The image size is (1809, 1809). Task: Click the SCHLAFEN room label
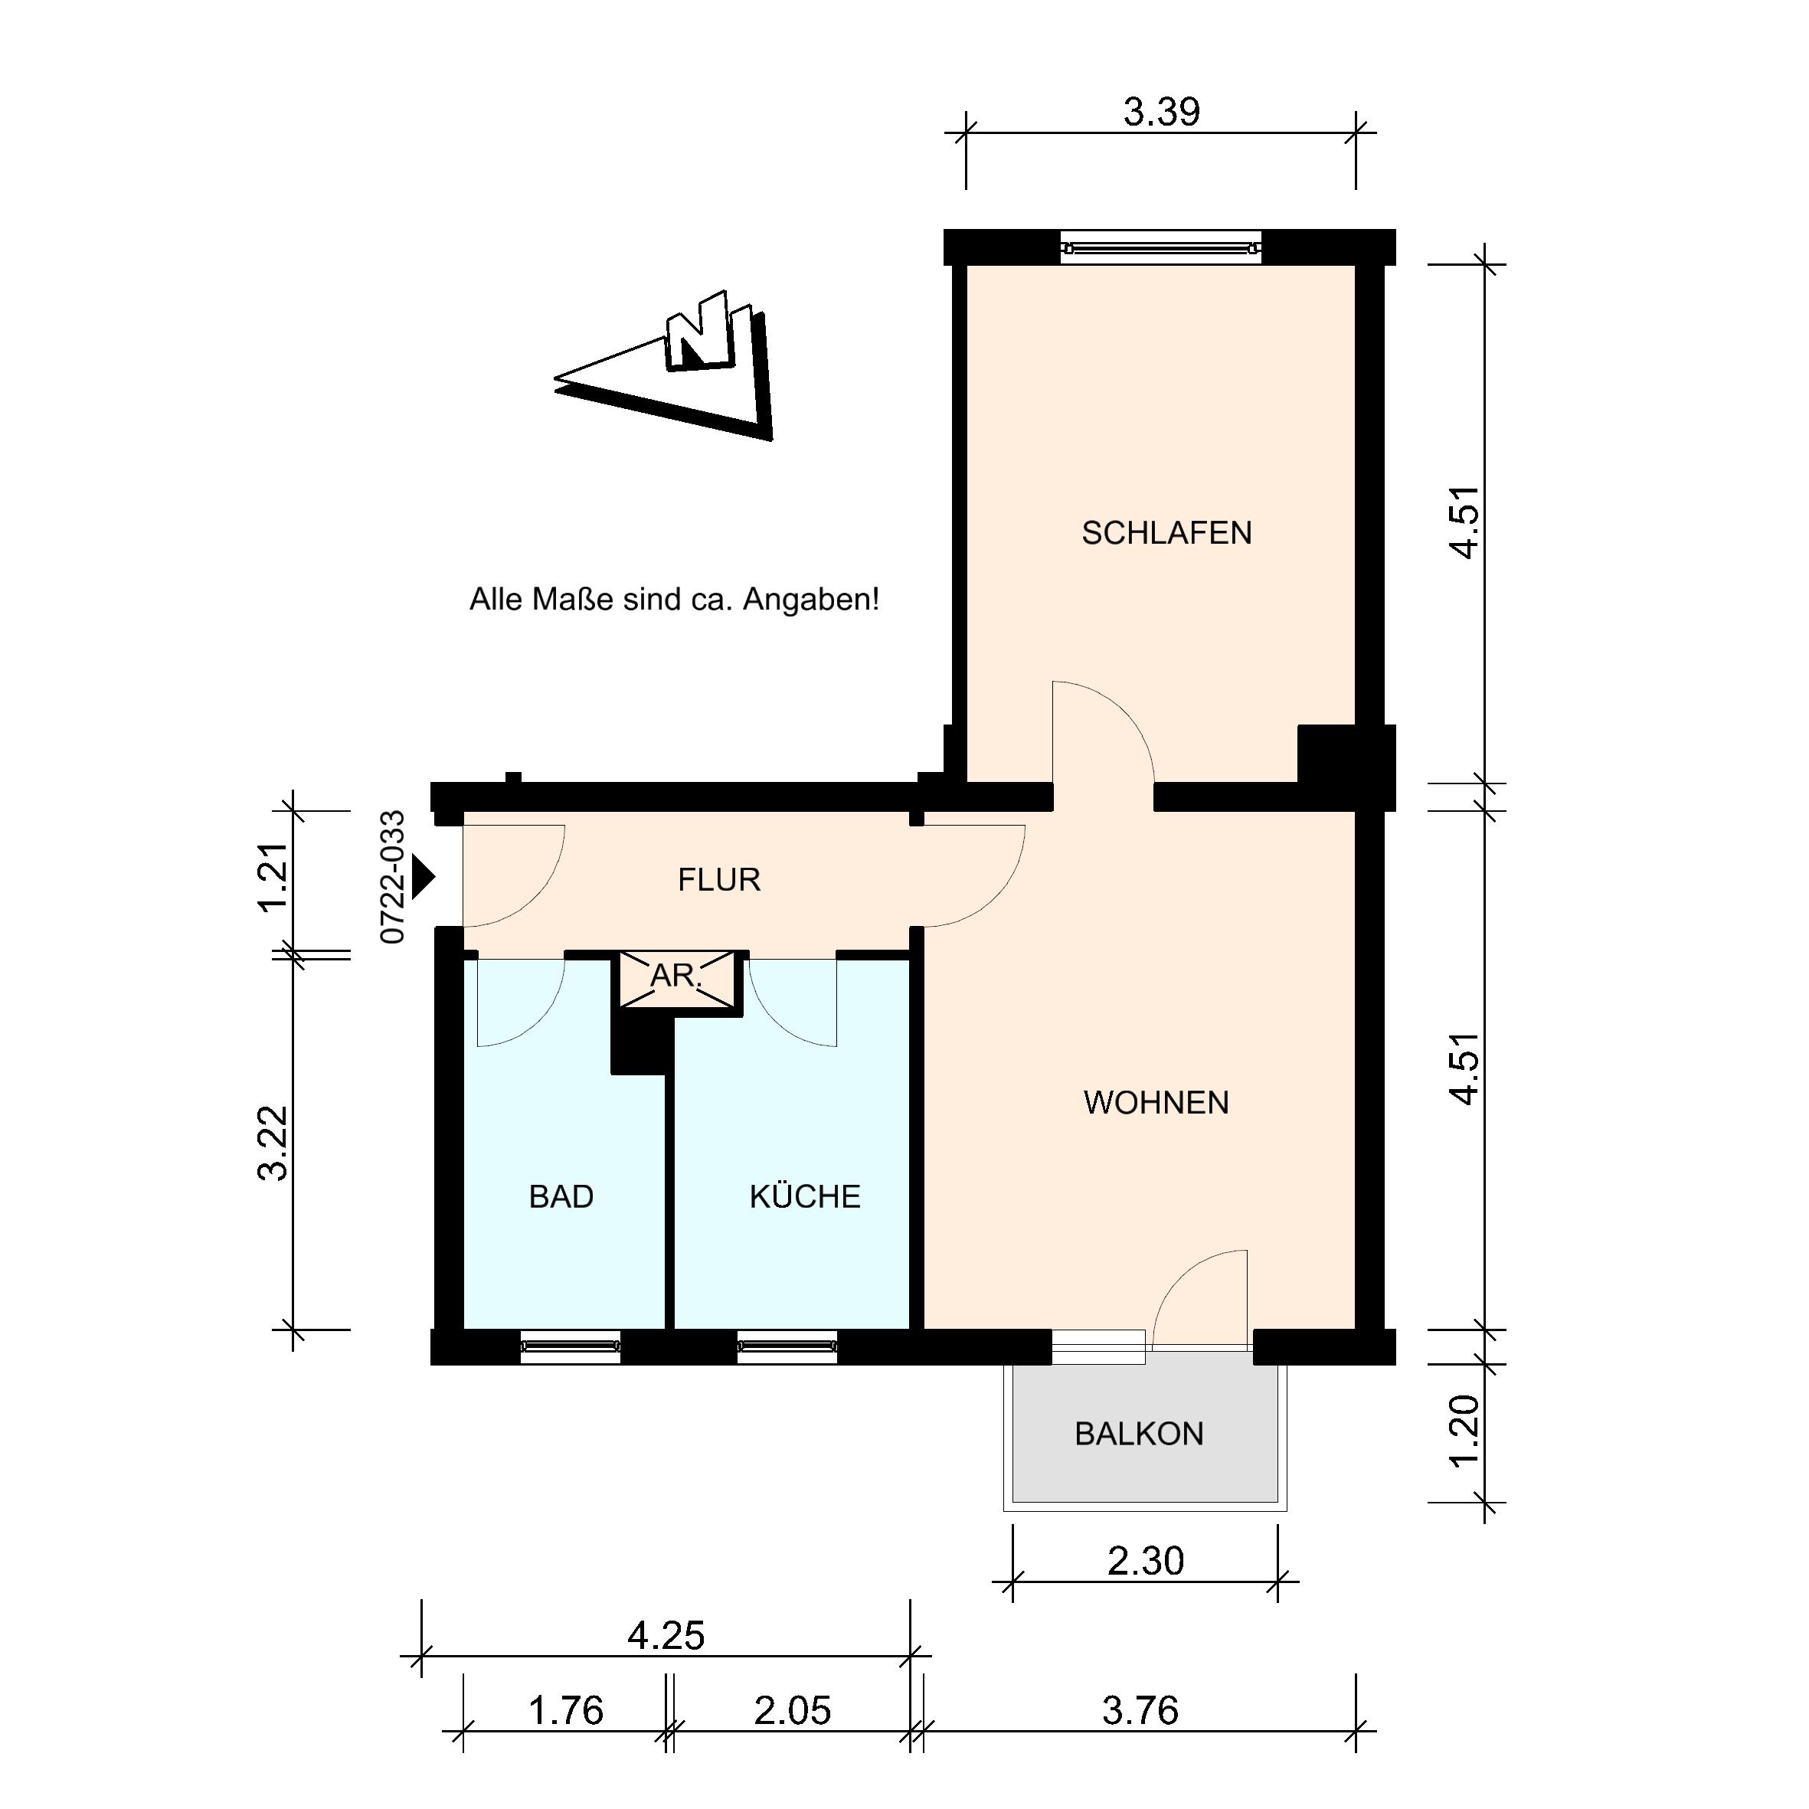tap(1166, 533)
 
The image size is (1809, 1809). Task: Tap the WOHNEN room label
tap(1156, 1102)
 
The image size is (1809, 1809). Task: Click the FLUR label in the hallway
tap(719, 879)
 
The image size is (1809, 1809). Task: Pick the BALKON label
tap(1139, 1434)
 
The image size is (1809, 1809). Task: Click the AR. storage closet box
tap(677, 979)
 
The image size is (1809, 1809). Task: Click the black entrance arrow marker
tap(424, 878)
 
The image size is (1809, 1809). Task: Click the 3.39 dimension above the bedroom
tap(1161, 113)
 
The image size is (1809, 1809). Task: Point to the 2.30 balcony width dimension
tap(1145, 1561)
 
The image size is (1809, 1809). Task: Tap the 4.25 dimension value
tap(666, 1636)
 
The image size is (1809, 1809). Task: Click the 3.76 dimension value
tap(1140, 1711)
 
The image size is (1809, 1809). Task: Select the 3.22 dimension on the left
tap(273, 1143)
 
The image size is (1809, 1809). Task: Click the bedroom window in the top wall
tap(1161, 248)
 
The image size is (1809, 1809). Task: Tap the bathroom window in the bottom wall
tap(571, 1346)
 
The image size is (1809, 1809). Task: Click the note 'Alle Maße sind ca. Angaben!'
tap(674, 599)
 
